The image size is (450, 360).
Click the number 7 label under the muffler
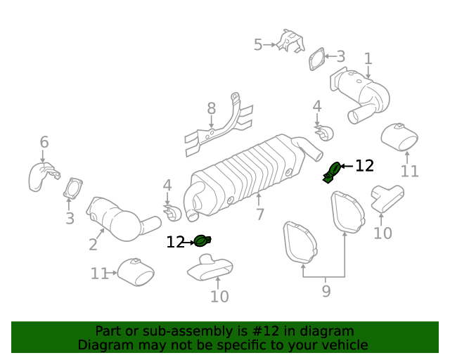[x=260, y=214]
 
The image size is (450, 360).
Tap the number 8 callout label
[x=211, y=108]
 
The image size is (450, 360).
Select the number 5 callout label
[x=258, y=45]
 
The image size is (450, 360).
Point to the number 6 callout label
[x=44, y=142]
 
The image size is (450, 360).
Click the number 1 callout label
[x=368, y=58]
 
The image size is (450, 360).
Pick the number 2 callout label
[x=93, y=245]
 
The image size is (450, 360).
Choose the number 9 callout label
[x=326, y=289]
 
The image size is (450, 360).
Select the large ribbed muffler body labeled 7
[x=246, y=172]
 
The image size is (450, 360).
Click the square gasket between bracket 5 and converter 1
[x=317, y=60]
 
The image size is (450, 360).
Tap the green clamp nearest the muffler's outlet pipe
[x=333, y=171]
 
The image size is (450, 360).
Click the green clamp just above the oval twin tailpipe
[x=202, y=241]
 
